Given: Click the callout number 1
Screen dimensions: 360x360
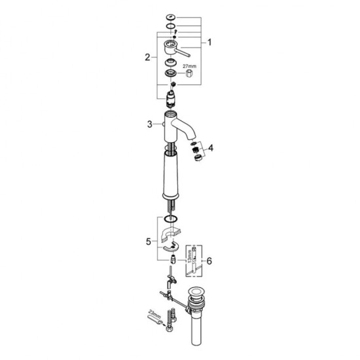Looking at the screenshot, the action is tap(209, 43).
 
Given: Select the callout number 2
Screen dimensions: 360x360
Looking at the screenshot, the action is tap(147, 57).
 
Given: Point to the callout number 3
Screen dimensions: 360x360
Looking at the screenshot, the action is tap(150, 124).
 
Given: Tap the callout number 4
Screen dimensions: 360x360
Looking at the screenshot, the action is tap(211, 148).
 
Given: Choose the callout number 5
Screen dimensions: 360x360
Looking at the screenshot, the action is tap(149, 242).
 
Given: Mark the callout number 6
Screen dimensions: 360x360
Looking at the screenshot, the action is tap(209, 261).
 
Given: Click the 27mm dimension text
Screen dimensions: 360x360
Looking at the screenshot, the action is tap(189, 66).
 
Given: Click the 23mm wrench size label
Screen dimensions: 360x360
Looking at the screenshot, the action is tap(154, 314).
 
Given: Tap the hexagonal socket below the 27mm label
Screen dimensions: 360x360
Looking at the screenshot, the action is tap(189, 74).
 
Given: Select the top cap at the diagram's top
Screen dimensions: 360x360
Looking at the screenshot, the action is tap(171, 17).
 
